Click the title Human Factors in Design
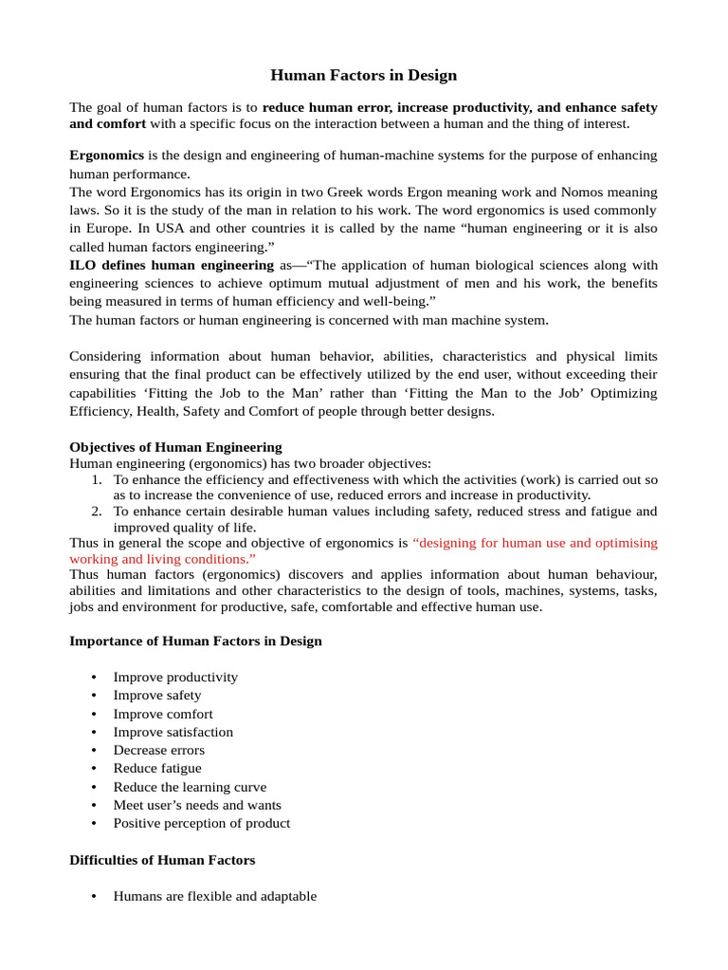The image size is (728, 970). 364,75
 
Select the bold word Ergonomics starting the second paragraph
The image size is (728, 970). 107,154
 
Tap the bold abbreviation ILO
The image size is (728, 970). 82,265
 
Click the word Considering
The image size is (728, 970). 105,356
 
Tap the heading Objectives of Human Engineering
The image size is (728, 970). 175,447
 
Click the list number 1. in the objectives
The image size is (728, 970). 97,480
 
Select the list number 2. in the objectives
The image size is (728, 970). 97,512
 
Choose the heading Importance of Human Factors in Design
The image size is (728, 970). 195,641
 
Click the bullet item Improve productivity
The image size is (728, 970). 175,677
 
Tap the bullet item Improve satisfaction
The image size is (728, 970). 173,732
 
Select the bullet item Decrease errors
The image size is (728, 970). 158,750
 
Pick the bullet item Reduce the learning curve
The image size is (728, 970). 190,787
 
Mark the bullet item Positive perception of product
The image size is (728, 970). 201,823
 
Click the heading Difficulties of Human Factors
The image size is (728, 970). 162,860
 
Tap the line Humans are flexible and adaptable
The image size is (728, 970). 214,896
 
